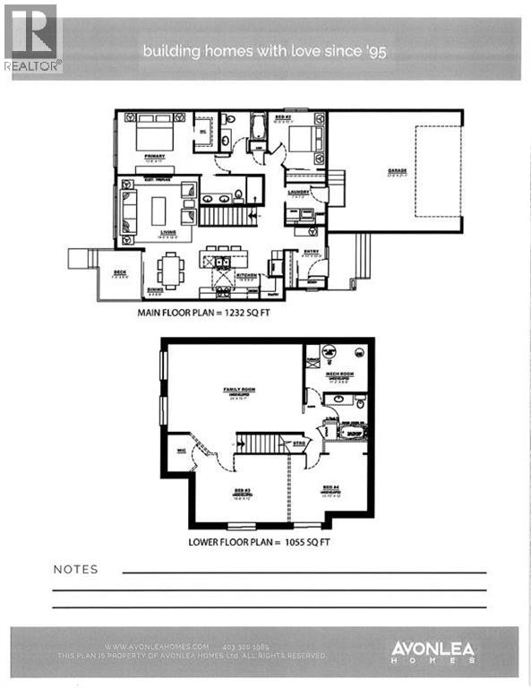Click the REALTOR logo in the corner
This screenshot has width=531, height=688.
click(x=33, y=38)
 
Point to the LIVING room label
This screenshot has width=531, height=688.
click(x=167, y=232)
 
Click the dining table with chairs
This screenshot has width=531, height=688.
click(x=170, y=268)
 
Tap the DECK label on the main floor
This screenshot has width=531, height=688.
click(x=118, y=273)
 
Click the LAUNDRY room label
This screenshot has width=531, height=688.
click(x=298, y=191)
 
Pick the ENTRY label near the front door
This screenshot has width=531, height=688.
click(x=309, y=254)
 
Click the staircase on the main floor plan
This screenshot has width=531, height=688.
click(x=221, y=216)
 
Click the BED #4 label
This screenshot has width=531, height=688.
click(x=330, y=491)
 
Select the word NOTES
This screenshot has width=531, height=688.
click(x=75, y=569)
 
